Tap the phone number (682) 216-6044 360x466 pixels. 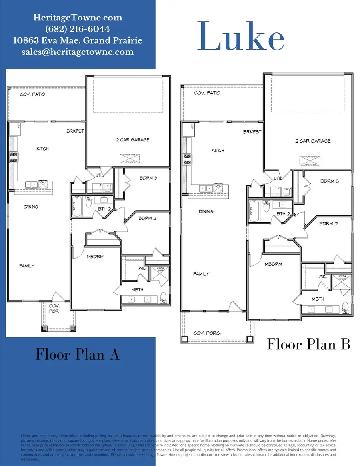pos(78,29)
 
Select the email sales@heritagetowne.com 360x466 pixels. pos(78,52)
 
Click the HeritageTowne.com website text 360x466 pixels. pos(78,18)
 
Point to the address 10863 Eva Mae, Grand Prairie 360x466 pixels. pos(78,40)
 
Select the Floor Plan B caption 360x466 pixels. pos(308,344)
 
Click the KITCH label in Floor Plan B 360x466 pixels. pos(218,151)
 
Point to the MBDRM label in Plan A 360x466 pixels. pos(95,257)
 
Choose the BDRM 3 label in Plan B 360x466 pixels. pos(330,181)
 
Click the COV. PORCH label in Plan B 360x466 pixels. pos(208,333)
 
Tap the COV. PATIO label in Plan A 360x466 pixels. pos(32,95)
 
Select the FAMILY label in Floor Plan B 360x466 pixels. pos(201,274)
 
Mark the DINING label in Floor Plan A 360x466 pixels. pos(31,207)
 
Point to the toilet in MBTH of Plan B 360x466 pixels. pos(346,308)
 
